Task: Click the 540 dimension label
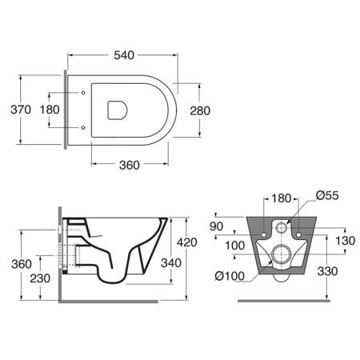tap(124, 55)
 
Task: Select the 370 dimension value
tap(21, 110)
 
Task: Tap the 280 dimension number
tap(200, 110)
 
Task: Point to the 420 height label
tap(187, 242)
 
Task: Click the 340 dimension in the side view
tap(171, 263)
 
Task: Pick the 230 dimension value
tap(40, 278)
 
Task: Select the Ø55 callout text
tap(327, 195)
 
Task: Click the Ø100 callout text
tap(230, 276)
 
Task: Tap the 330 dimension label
tap(327, 271)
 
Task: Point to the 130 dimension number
tap(345, 241)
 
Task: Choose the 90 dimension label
tap(216, 226)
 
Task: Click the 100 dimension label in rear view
tap(234, 246)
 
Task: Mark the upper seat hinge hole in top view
tap(83, 93)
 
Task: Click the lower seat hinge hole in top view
tap(83, 128)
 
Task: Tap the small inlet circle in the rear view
tap(281, 227)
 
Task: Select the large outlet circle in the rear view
tap(281, 254)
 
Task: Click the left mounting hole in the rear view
tap(264, 234)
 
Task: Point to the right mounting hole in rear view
tap(298, 234)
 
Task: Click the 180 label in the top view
tap(50, 110)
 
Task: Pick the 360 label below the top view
tap(130, 166)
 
